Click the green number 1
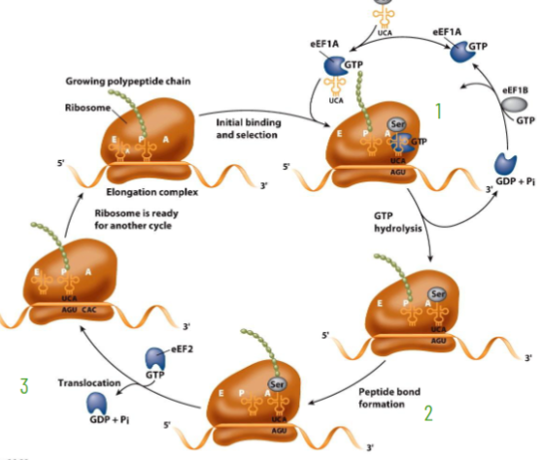point(439,112)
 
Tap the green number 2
point(427,411)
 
